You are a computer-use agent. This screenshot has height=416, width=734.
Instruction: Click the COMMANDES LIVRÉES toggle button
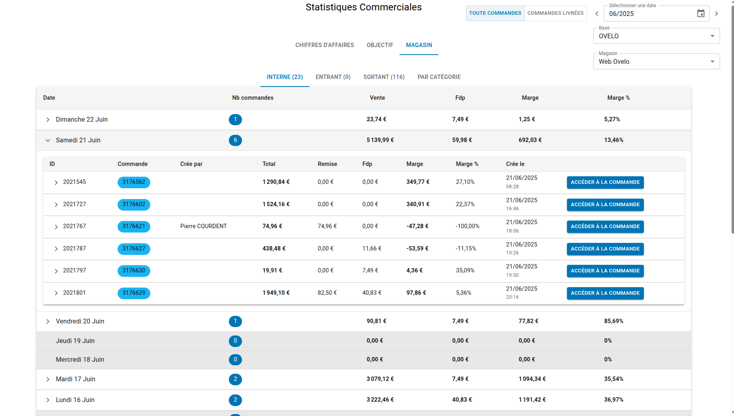click(x=555, y=13)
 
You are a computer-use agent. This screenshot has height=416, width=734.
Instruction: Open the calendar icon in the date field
click(x=701, y=14)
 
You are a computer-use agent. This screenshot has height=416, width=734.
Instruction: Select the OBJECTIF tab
click(x=380, y=45)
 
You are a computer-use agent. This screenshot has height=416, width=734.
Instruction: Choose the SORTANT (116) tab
click(x=384, y=77)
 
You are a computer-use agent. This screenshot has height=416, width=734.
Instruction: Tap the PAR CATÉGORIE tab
click(x=439, y=77)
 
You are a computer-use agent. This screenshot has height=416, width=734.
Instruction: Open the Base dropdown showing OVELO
click(x=656, y=36)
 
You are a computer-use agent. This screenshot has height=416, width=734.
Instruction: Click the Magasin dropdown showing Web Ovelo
click(x=656, y=61)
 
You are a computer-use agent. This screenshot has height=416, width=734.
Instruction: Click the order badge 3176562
click(x=134, y=182)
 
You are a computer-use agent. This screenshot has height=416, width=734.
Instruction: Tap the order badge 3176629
click(x=134, y=293)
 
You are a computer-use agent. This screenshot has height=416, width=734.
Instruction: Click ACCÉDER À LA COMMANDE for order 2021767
click(x=605, y=227)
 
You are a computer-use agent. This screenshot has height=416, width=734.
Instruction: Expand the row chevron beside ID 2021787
click(x=56, y=249)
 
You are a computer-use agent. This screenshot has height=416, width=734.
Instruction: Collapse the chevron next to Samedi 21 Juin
click(x=48, y=140)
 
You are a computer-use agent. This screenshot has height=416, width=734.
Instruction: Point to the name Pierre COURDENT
click(x=203, y=226)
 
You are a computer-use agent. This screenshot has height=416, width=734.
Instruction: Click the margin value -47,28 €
click(x=417, y=226)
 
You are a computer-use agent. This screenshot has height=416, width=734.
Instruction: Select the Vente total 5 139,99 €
click(x=380, y=140)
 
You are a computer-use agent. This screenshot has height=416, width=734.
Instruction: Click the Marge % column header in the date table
click(x=618, y=98)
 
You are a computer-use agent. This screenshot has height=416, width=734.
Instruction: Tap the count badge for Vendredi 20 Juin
click(x=235, y=321)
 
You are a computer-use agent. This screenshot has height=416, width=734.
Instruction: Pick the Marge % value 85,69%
click(x=614, y=321)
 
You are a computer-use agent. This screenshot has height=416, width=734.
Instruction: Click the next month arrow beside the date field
click(x=716, y=14)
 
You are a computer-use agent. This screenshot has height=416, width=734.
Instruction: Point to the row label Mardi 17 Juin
click(x=75, y=379)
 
